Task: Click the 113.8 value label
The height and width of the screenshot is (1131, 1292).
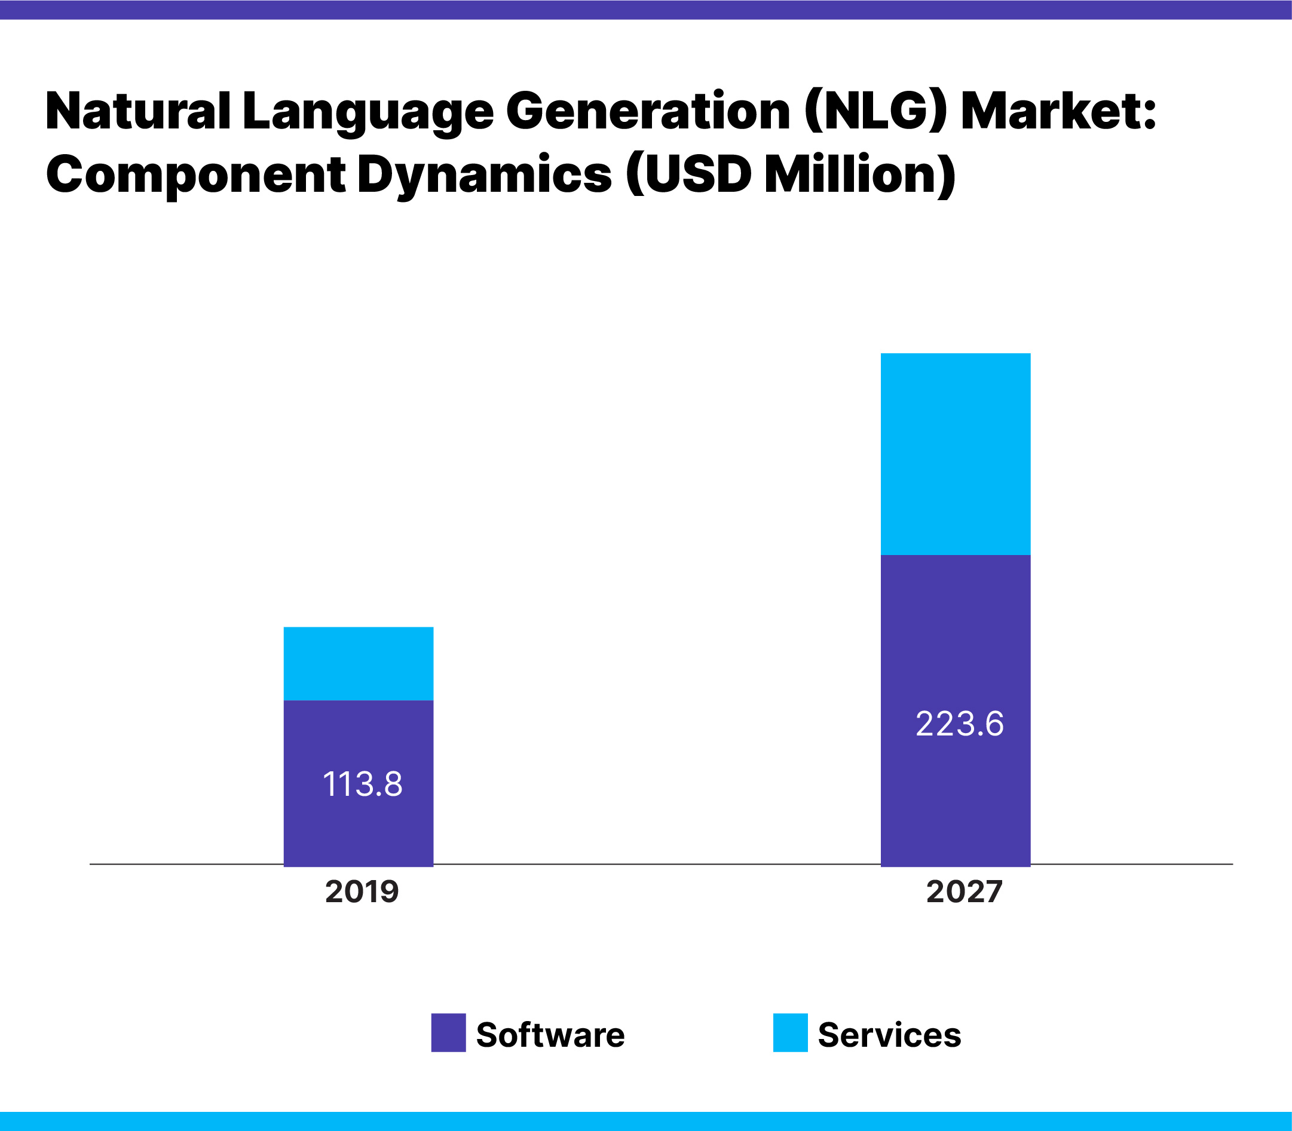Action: click(362, 784)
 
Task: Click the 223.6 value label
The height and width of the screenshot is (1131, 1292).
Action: click(959, 724)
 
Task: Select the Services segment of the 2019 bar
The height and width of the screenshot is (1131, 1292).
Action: click(358, 663)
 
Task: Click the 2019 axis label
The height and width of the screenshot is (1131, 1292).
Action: click(362, 892)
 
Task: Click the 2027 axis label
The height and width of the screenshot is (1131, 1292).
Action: click(964, 892)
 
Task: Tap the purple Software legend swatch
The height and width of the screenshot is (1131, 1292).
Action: click(448, 1032)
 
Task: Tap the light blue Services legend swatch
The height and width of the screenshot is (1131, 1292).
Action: click(789, 1032)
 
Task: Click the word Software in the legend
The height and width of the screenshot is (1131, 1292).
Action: click(550, 1034)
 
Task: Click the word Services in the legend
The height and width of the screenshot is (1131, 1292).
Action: click(889, 1034)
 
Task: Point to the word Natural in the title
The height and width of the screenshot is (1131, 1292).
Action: click(137, 111)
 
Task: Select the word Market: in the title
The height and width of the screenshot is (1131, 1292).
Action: click(1058, 111)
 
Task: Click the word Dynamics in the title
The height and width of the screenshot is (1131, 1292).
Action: click(484, 176)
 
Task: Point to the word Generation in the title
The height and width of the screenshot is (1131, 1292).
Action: click(648, 111)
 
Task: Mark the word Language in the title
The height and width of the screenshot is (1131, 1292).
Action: click(368, 112)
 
